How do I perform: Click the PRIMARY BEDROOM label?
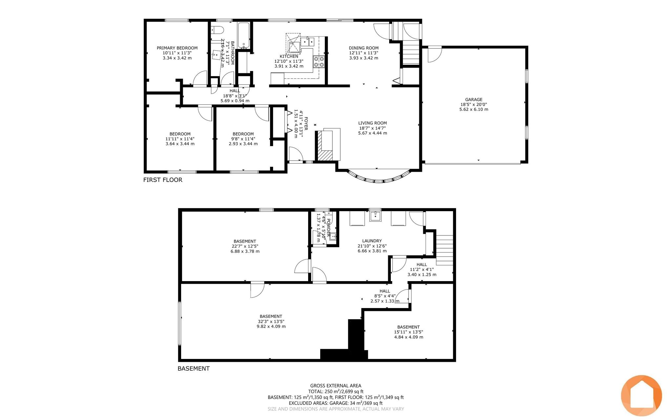point(177,48)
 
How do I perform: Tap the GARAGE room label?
point(473,99)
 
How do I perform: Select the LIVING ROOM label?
point(372,123)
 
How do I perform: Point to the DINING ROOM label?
point(364,48)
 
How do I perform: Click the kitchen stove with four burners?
point(319,62)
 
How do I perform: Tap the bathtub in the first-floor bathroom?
point(244,35)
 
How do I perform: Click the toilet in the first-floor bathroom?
point(217,30)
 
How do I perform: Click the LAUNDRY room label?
point(372,241)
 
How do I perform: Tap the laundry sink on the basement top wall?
point(375,216)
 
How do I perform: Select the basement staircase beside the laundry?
point(445,250)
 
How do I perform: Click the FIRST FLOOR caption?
point(163,180)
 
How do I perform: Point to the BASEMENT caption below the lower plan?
point(194,369)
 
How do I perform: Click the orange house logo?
point(641,395)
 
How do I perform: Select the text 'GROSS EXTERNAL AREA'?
point(336,386)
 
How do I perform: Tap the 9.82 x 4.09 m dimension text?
point(271,327)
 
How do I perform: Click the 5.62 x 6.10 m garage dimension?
point(473,110)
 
